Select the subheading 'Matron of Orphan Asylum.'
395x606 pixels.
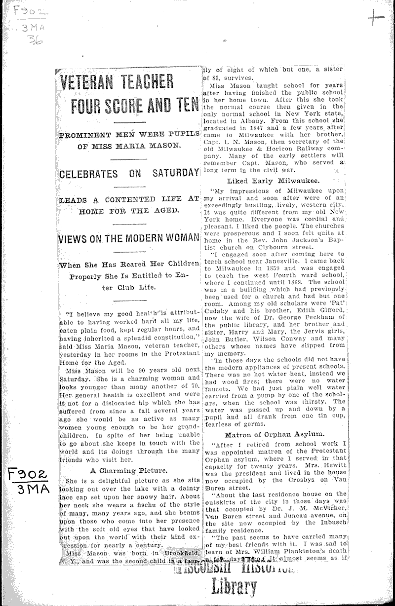pos(274,435)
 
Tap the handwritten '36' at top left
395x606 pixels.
pos(35,40)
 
